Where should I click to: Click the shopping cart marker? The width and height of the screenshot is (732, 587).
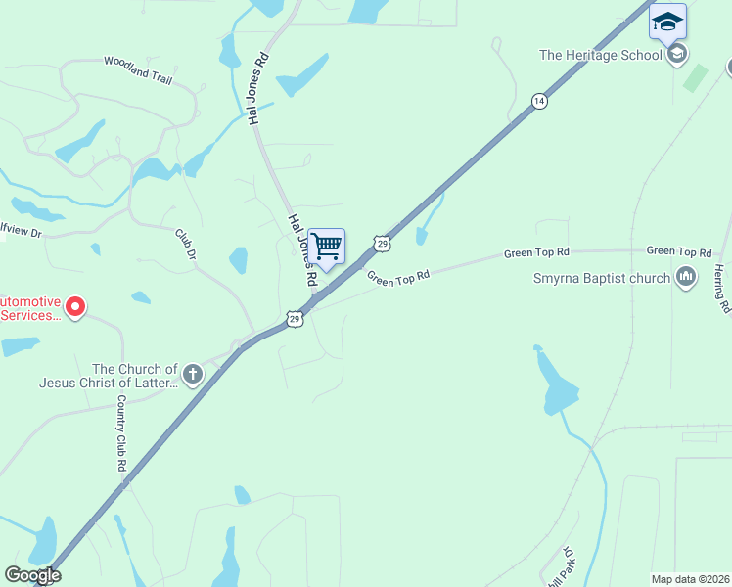(x=327, y=248)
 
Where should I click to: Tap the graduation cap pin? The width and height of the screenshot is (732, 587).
(x=667, y=23)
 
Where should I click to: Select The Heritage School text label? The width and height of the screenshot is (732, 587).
(x=601, y=55)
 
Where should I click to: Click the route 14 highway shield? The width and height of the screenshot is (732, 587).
(x=538, y=102)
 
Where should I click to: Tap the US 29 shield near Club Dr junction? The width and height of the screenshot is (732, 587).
(x=295, y=318)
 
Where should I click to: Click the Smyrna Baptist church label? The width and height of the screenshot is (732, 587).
(x=601, y=279)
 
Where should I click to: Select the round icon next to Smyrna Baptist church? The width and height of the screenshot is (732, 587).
(x=686, y=279)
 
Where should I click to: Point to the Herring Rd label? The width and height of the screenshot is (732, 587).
(x=722, y=289)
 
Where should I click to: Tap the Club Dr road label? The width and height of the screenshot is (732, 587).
(x=186, y=244)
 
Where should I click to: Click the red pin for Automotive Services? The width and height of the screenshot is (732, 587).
(x=72, y=308)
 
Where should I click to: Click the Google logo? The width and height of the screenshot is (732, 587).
(x=32, y=574)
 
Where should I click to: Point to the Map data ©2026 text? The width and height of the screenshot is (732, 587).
(x=690, y=579)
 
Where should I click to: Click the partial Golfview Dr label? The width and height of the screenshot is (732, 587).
(x=22, y=233)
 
